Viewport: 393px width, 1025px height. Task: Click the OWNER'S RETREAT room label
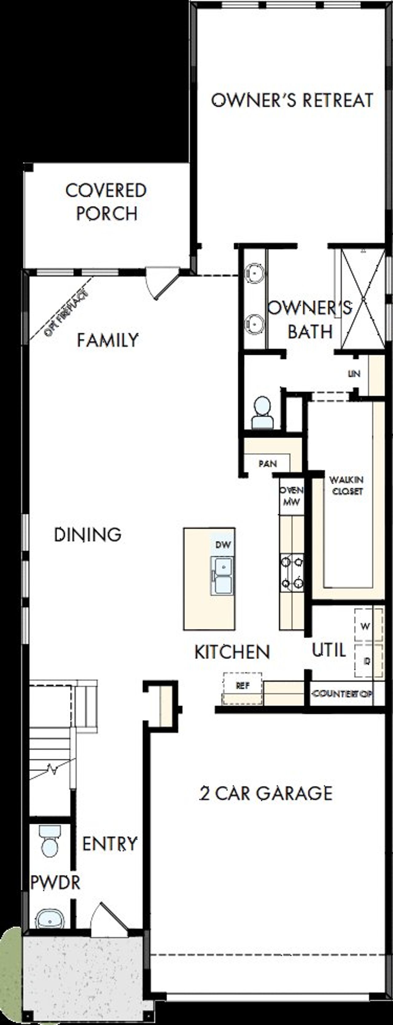coord(292,100)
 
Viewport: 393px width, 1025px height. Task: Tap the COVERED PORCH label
coord(106,202)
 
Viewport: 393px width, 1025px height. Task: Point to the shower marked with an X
coord(363,298)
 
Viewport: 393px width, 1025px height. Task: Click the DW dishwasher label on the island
coord(223,545)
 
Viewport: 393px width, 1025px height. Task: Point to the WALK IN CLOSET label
coord(346,486)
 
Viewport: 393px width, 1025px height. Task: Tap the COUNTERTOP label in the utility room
coord(342,693)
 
